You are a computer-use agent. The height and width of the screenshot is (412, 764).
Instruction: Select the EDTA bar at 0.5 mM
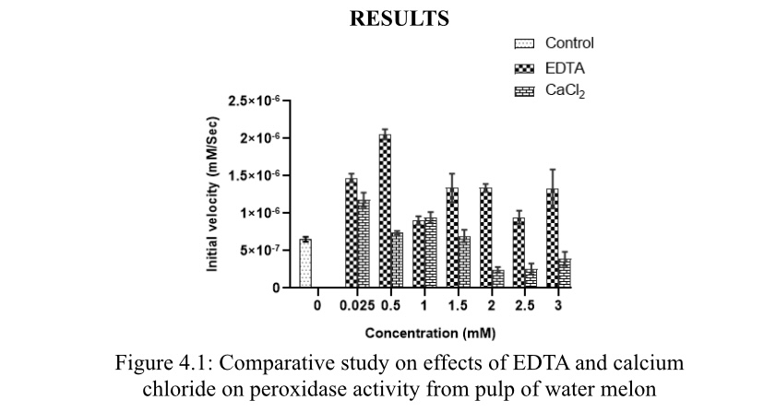[x=385, y=211]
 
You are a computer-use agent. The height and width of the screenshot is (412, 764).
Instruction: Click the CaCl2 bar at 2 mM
[x=497, y=278]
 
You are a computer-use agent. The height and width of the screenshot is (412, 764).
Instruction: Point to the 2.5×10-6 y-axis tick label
[x=253, y=100]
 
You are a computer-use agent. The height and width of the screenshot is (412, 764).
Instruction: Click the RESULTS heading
[x=400, y=18]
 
